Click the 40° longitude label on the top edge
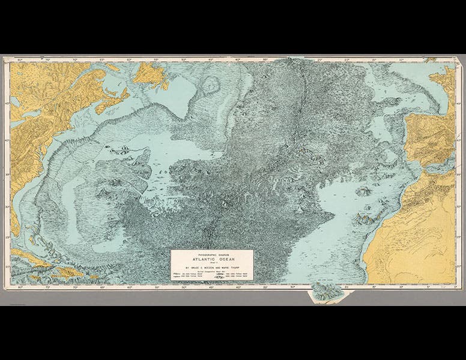238,60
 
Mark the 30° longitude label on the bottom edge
292,287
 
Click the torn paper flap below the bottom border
325,292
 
